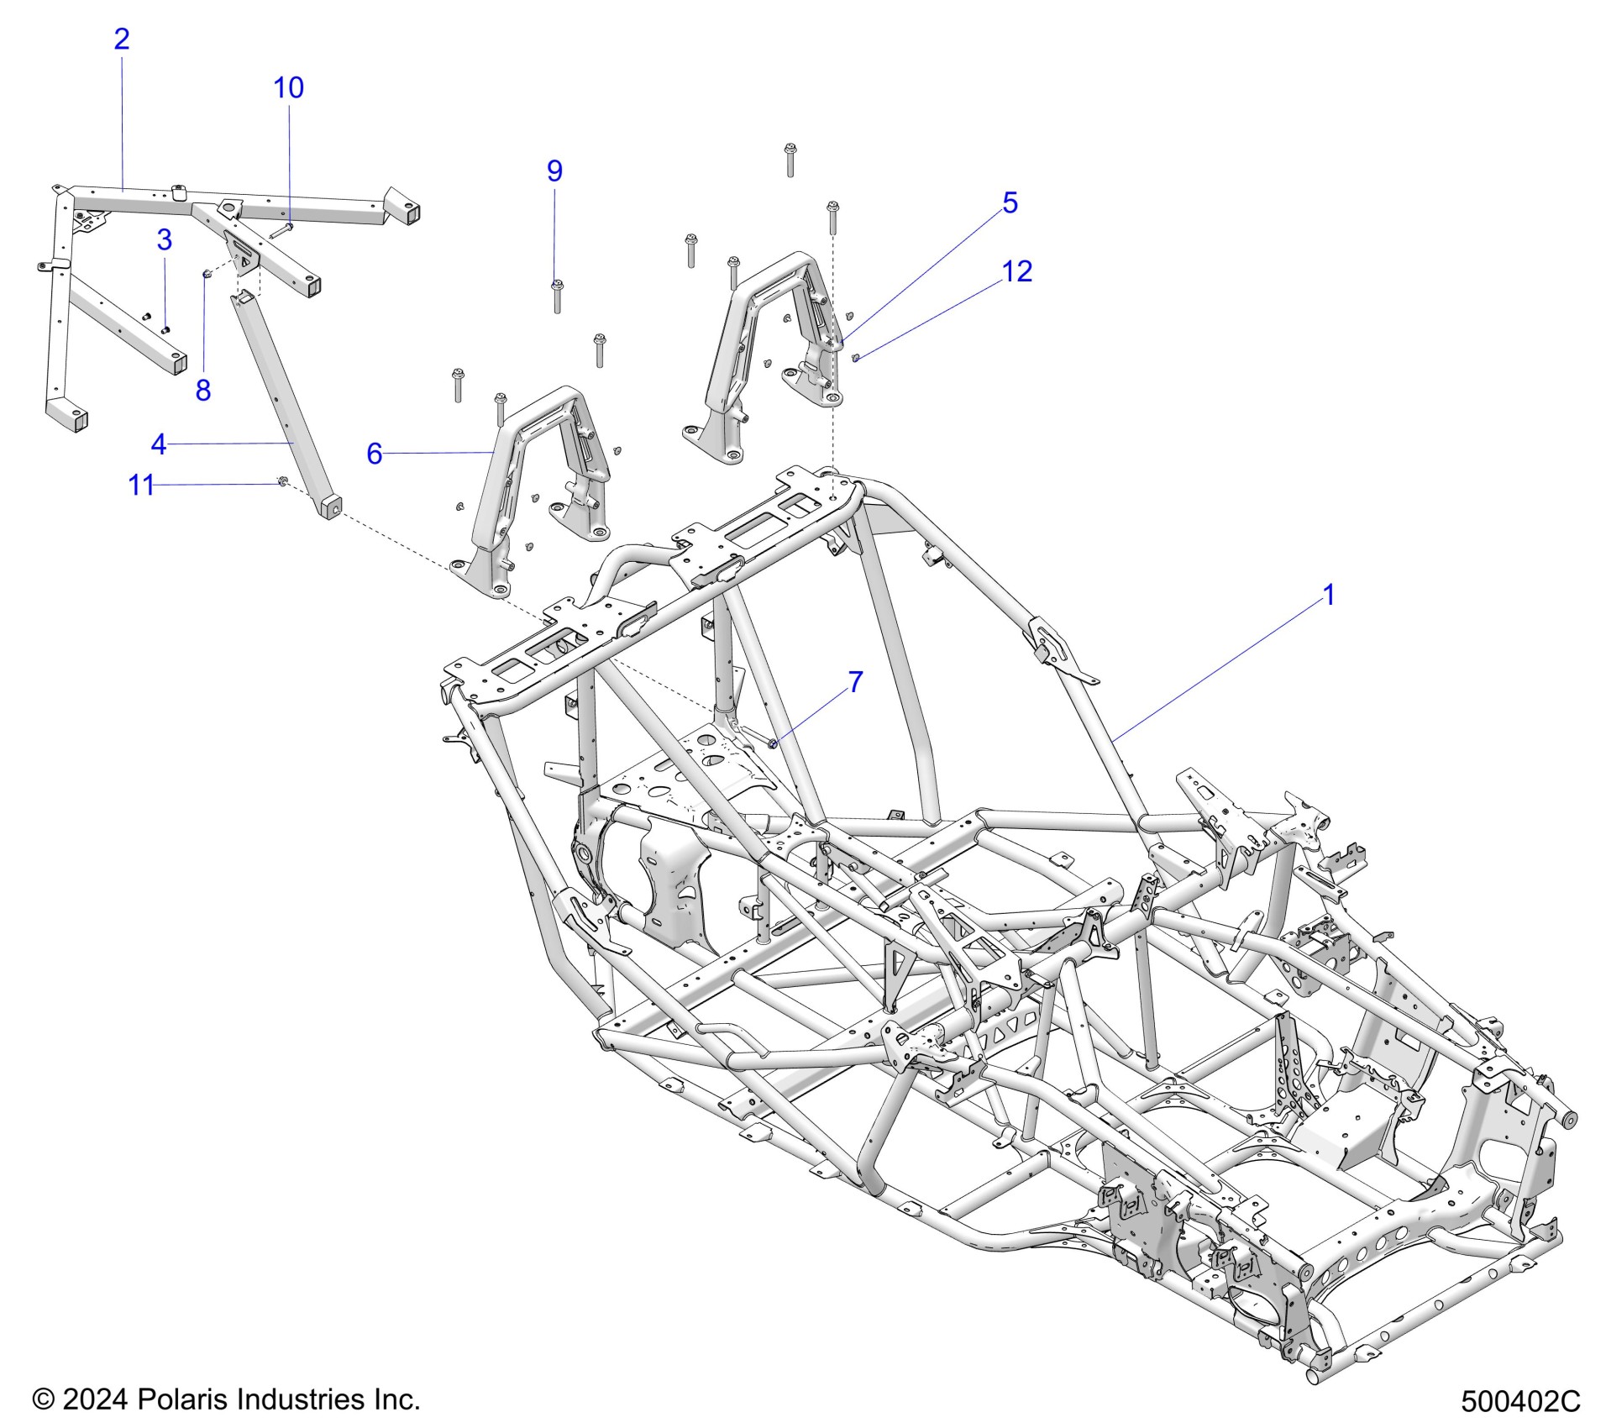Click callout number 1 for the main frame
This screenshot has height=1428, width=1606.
tap(1328, 595)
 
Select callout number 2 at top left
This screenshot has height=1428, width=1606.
tap(122, 39)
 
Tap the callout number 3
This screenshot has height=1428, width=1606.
tap(165, 240)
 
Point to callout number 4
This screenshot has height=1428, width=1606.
tap(159, 444)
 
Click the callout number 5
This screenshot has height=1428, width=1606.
tap(1010, 202)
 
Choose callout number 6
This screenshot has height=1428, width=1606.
tap(375, 454)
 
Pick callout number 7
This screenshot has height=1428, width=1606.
tap(855, 682)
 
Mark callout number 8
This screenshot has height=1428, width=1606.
tap(203, 390)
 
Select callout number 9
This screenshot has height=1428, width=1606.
tap(554, 171)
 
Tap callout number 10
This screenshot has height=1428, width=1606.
tap(288, 87)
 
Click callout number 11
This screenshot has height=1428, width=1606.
tap(141, 485)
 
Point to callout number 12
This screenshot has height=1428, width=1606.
tap(1016, 270)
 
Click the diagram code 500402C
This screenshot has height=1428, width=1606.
tap(1520, 1401)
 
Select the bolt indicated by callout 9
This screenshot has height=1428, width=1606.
tap(556, 296)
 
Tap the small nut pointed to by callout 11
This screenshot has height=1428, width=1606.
tap(283, 481)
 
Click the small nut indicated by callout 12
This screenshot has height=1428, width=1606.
tap(855, 359)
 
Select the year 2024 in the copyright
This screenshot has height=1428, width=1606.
tap(95, 1399)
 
